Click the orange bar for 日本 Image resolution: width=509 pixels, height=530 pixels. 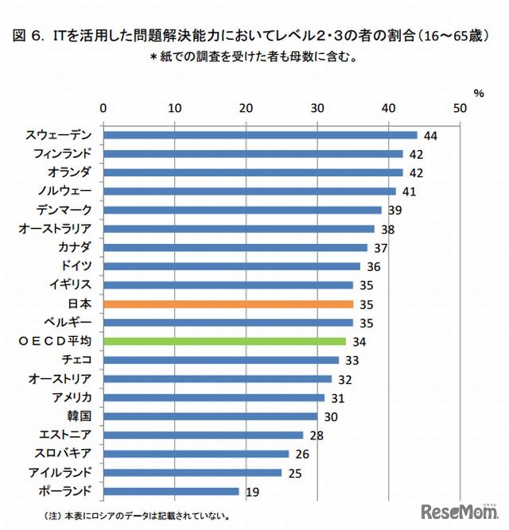228,304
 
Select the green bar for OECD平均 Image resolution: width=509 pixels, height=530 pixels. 224,341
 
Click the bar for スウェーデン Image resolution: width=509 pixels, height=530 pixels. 260,135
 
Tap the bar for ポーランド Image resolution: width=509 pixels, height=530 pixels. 171,491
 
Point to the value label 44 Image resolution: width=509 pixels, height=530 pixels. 430,136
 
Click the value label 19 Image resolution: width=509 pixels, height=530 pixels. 252,492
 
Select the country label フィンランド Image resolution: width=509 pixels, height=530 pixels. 64,153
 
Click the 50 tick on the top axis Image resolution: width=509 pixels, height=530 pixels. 459,108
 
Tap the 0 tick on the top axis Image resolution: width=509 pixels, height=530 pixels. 103,108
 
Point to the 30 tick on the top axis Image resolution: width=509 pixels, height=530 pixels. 317,108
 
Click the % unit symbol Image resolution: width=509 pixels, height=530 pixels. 479,93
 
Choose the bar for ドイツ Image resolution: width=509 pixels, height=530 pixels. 231,266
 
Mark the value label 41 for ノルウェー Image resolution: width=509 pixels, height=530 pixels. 409,191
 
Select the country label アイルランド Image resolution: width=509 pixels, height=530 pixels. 64,472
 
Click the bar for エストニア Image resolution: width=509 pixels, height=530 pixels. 203,435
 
